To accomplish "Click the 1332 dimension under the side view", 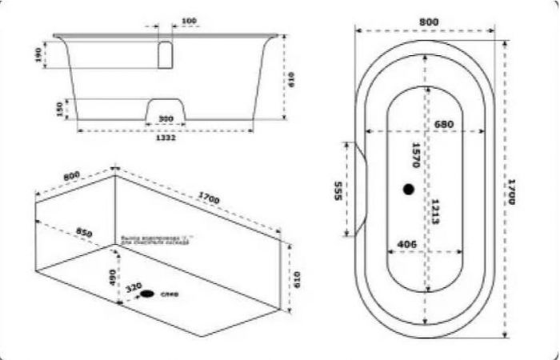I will point(165,138).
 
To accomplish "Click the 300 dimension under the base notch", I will point(166,119).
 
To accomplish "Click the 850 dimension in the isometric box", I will point(84,232).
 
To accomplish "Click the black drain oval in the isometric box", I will point(148,294).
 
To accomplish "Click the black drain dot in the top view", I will point(409,190).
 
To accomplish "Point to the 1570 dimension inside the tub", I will point(415,155).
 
